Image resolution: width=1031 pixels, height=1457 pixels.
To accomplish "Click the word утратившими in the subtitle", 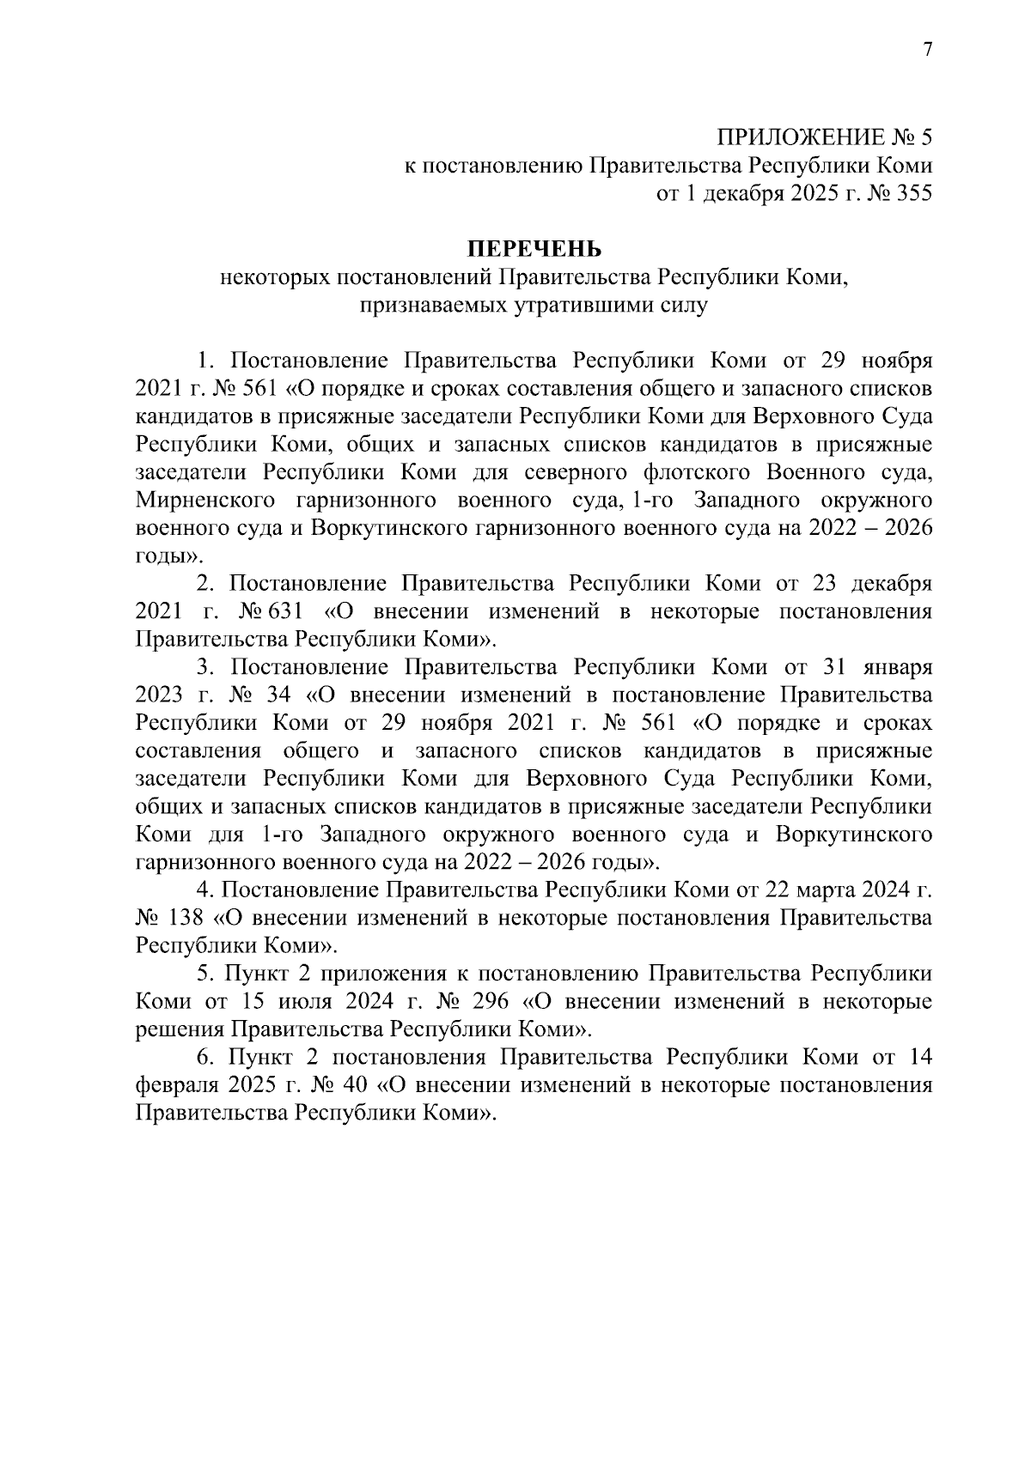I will (588, 305).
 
